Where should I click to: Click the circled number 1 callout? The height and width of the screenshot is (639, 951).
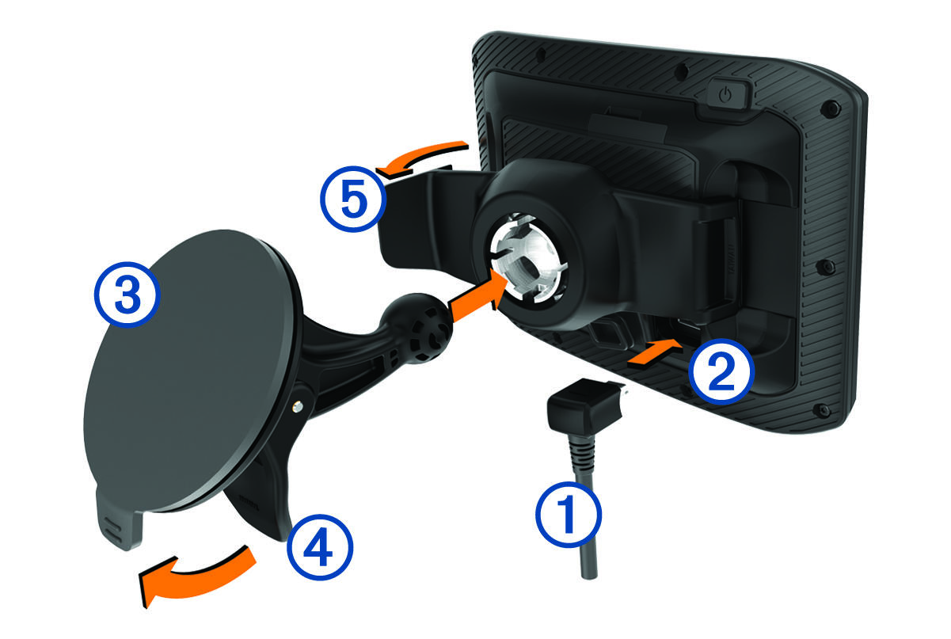(569, 514)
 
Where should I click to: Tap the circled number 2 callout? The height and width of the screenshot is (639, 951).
(721, 371)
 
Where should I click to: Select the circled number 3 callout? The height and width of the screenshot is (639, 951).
(127, 295)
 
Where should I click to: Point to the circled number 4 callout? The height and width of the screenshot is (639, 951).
(320, 547)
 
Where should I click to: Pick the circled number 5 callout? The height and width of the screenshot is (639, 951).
(353, 199)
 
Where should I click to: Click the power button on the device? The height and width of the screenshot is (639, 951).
(725, 94)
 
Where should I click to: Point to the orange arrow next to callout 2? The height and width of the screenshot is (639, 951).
(655, 352)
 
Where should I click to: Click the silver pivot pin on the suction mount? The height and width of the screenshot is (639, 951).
(299, 407)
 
